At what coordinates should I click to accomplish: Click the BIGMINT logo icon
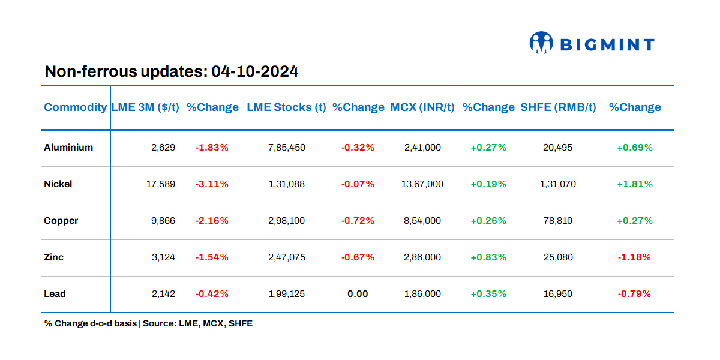coord(541,43)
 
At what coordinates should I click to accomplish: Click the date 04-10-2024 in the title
coord(255,72)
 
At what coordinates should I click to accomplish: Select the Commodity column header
coord(75,107)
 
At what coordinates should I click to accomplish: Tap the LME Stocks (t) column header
coord(286,107)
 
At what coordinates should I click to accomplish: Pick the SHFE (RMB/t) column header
coord(557,107)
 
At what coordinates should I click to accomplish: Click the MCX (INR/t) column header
coord(422,107)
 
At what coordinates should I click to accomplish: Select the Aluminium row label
coord(68,148)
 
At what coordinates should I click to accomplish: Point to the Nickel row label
coord(58,184)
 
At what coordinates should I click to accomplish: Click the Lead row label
coord(55,294)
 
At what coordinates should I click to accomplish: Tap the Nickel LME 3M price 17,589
coord(161,184)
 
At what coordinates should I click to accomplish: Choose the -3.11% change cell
coord(212,184)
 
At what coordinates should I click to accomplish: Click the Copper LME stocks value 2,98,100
coord(286,221)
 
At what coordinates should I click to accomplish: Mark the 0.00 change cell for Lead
coord(358,294)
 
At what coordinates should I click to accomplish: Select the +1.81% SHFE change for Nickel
coord(635,184)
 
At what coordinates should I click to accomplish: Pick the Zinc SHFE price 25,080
coord(557,257)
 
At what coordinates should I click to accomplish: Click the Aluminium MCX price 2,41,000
coord(422,148)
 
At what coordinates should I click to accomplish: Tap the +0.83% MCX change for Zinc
coord(488,257)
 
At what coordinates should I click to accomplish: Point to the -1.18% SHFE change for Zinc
coord(635,257)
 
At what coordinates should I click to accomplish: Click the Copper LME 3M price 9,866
coord(163,221)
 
